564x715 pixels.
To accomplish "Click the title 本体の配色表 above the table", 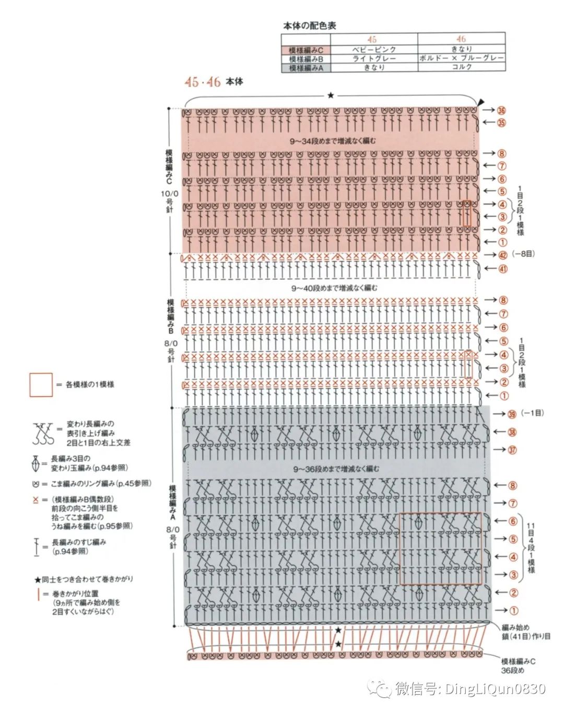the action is point(310,25).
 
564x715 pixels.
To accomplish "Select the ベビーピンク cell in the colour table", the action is point(374,49).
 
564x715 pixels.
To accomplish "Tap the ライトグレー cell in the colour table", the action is point(374,58).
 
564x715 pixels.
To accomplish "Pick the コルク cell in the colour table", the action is point(462,67).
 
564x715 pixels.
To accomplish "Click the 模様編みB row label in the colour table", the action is point(306,59).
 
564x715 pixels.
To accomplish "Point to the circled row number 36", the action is point(501,111).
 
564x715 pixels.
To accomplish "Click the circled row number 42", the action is point(502,255).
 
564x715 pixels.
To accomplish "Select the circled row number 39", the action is point(512,414).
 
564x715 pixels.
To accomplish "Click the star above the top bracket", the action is point(331,95).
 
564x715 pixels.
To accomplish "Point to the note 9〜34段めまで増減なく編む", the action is point(333,141).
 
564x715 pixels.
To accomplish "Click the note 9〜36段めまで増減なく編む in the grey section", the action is point(336,469).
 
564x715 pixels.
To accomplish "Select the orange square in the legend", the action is point(41,385).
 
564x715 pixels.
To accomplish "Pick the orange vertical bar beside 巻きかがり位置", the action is point(38,594).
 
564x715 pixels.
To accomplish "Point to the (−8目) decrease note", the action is point(523,254).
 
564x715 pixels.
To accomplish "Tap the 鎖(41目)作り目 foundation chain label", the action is point(526,636).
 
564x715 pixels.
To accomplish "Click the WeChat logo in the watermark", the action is point(379,689).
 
